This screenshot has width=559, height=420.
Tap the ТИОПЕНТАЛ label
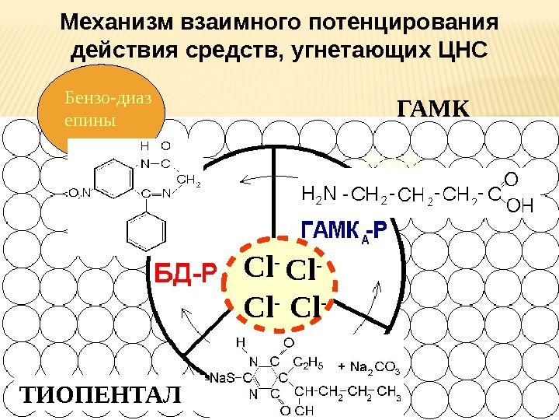tap(98, 394)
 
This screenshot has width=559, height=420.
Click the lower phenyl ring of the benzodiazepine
tap(144, 231)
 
